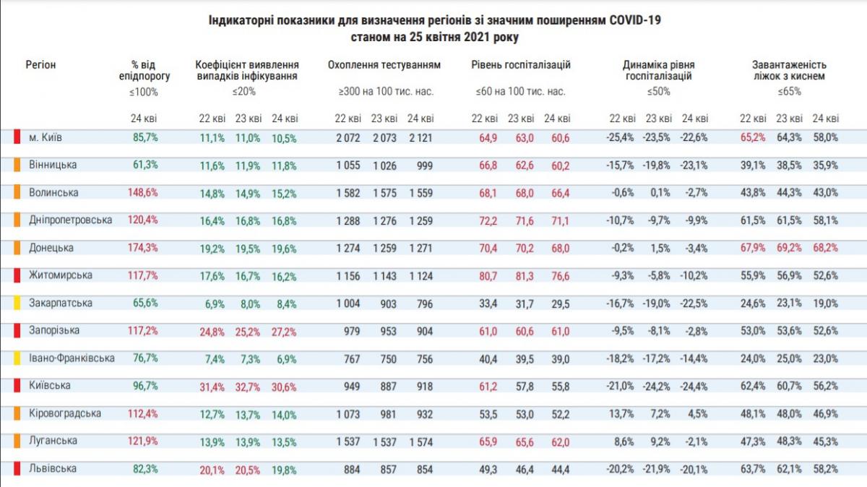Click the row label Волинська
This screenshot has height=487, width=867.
pyautogui.click(x=53, y=193)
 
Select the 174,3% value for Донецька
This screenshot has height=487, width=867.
pyautogui.click(x=144, y=248)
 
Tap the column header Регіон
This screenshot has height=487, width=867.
pyautogui.click(x=40, y=65)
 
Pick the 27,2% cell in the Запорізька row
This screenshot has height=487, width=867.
pyautogui.click(x=283, y=331)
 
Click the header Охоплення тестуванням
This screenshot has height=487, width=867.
pyautogui.click(x=384, y=65)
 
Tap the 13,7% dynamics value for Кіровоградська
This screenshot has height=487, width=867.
pyautogui.click(x=621, y=414)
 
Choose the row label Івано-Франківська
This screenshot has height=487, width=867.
pyautogui.click(x=71, y=358)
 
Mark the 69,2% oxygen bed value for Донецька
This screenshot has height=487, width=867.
pyautogui.click(x=788, y=248)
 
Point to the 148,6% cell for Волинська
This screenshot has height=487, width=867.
pyautogui.click(x=144, y=193)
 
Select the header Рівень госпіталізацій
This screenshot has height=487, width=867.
pyautogui.click(x=521, y=65)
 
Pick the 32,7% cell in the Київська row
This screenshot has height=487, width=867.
pyautogui.click(x=248, y=387)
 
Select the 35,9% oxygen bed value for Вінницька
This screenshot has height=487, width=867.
pyautogui.click(x=824, y=165)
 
